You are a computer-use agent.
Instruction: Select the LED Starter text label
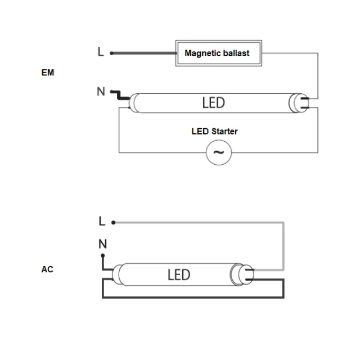214,131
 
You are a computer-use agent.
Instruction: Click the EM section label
48,73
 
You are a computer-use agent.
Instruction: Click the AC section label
47,269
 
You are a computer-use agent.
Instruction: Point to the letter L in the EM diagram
101,52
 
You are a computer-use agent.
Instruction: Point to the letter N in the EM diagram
101,91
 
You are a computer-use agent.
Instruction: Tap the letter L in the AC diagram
102,221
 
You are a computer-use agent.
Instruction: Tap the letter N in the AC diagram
102,244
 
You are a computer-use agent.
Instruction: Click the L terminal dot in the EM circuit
111,53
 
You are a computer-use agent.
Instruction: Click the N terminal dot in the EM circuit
111,92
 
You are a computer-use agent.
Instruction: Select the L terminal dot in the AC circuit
113,223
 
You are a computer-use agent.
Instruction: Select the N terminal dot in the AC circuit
103,255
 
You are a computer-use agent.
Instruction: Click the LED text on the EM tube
214,102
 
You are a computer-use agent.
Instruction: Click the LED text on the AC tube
179,275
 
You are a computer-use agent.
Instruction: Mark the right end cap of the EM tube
299,103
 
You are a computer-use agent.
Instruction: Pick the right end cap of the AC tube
242,274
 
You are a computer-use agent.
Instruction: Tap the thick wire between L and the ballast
144,53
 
